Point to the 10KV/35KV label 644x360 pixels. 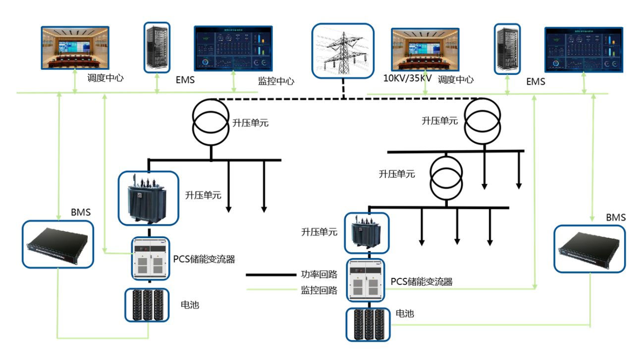(x=408, y=79)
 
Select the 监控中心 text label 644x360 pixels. (x=276, y=81)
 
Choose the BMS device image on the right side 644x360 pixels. (x=589, y=249)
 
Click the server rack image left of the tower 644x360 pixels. (x=157, y=48)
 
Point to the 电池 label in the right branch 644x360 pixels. (x=405, y=313)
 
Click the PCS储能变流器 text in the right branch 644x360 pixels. (x=421, y=282)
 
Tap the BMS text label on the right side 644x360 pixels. (x=616, y=217)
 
